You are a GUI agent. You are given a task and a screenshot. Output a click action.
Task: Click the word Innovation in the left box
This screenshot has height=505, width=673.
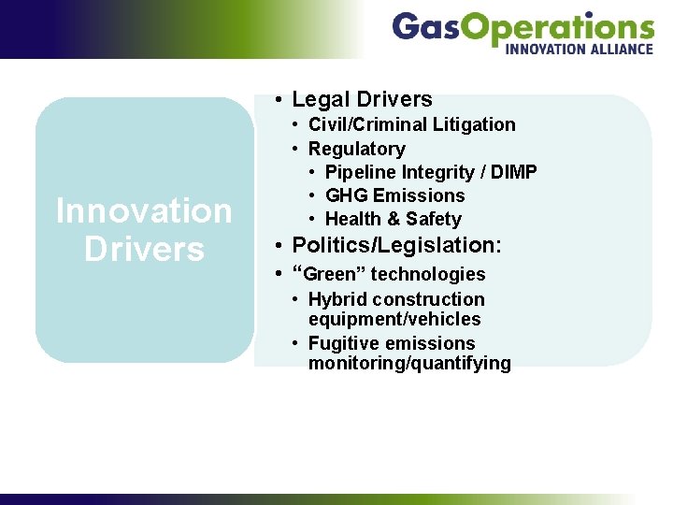144,210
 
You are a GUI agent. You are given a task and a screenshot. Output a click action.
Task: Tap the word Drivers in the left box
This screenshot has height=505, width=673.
144,249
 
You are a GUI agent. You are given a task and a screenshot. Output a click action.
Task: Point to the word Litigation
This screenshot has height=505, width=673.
474,124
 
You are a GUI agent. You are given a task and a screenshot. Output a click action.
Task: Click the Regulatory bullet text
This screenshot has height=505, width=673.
356,149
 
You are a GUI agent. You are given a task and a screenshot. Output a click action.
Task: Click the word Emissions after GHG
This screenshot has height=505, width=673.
418,195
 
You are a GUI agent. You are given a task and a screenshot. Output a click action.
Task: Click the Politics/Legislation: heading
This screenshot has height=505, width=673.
396,245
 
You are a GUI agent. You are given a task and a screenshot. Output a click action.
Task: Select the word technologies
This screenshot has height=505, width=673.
428,274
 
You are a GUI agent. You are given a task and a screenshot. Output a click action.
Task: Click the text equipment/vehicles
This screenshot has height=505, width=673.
394,320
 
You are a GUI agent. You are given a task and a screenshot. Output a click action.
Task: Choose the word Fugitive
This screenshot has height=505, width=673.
342,343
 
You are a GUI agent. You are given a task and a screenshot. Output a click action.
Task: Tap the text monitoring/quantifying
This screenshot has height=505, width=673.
409,364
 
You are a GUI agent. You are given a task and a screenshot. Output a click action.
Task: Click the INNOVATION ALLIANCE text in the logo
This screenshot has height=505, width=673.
579,49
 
